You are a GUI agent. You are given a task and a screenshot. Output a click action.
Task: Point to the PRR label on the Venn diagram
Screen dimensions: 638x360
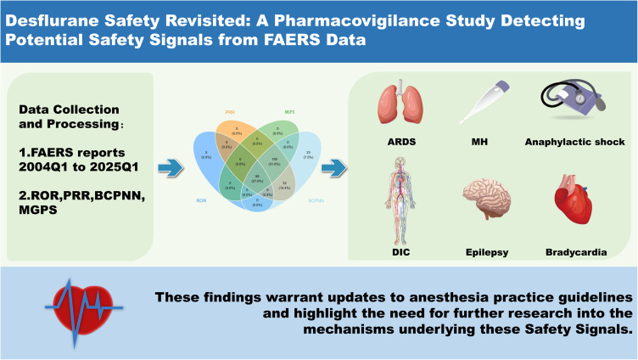tap(230, 110)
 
